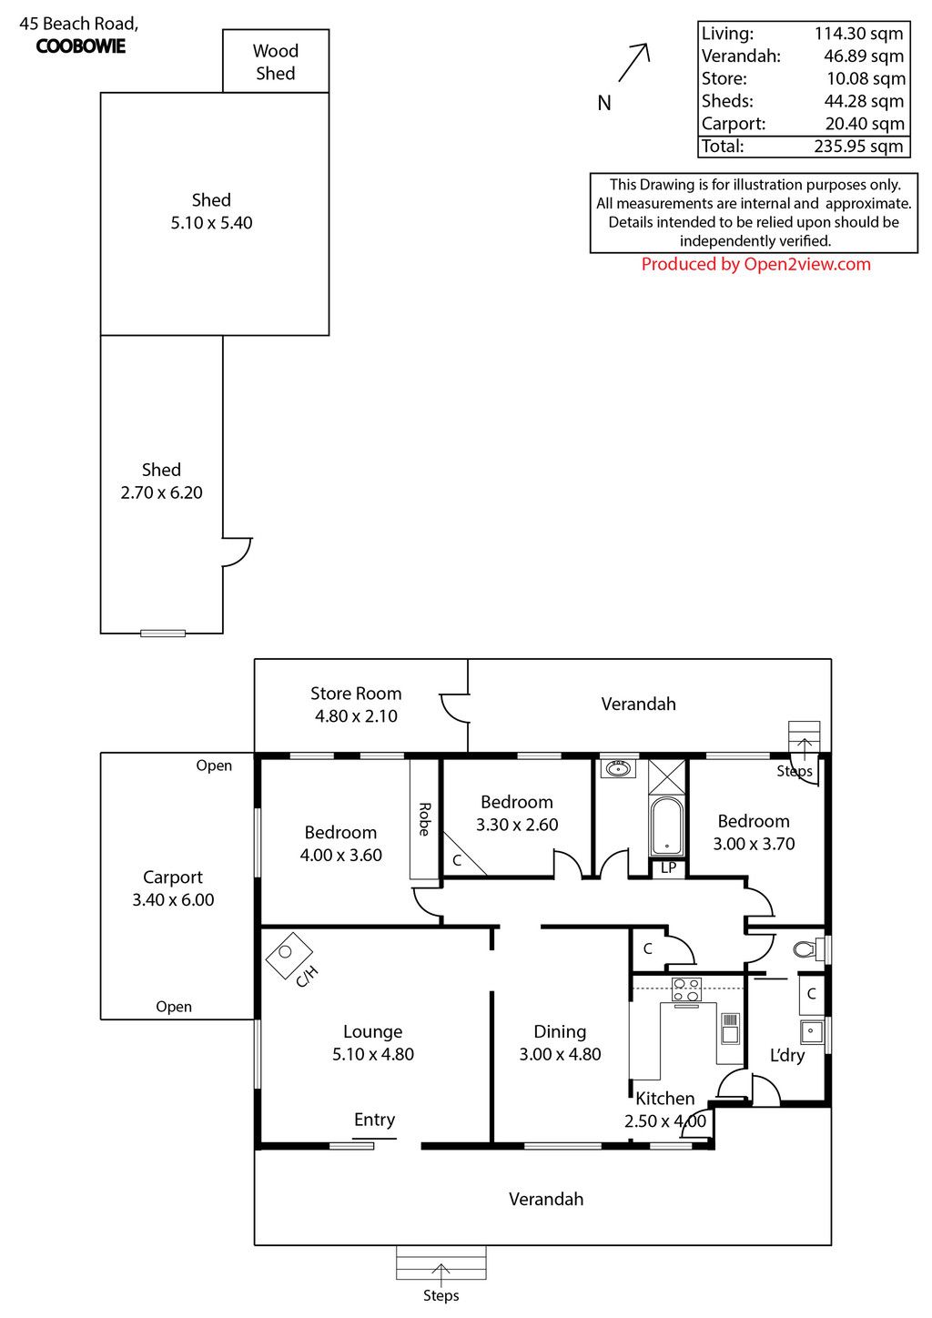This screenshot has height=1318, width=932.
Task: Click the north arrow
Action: point(633,62)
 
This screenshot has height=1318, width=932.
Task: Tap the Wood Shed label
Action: point(276,62)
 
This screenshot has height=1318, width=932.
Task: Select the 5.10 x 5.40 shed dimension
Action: point(211,223)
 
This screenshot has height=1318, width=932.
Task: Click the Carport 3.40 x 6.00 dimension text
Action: point(173,899)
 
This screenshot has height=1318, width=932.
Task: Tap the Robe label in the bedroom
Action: point(424,819)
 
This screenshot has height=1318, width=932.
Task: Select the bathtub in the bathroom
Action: point(666,826)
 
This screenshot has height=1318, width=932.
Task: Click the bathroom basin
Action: point(618,768)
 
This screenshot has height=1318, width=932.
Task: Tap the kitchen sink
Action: point(730,1029)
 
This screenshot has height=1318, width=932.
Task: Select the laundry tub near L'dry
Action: point(811,1031)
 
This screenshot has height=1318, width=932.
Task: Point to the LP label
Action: point(668,867)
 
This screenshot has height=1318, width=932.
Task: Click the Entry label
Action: point(374,1119)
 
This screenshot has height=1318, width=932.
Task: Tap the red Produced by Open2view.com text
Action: point(755,264)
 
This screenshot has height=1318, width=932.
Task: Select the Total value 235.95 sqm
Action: point(858,146)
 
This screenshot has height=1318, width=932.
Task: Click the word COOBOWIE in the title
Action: point(81,46)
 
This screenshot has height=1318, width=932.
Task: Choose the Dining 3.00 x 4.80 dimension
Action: point(560,1054)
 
